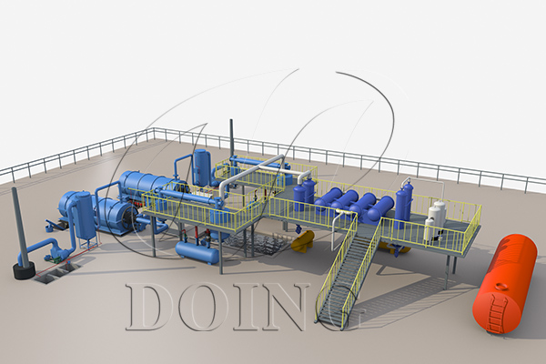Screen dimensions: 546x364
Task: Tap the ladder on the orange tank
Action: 495,313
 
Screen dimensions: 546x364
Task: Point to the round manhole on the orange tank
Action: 501,287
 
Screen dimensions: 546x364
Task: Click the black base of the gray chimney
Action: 24,270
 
